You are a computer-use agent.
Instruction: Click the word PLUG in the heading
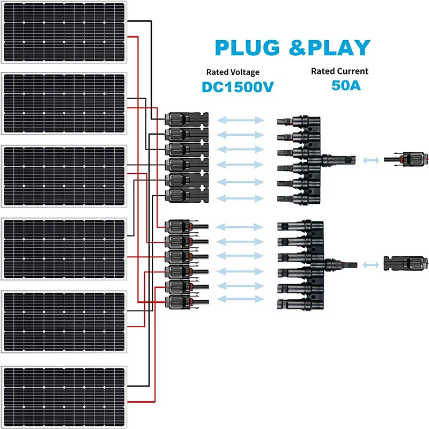248,48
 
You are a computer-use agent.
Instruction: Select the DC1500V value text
238,87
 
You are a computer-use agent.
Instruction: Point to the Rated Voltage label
233,72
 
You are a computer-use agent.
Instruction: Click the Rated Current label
340,71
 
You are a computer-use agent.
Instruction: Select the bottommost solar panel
65,396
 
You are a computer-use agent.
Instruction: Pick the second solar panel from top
65,103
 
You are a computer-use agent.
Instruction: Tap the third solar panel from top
65,176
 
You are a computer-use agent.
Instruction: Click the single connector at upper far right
407,159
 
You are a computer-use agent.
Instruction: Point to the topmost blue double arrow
241,120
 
